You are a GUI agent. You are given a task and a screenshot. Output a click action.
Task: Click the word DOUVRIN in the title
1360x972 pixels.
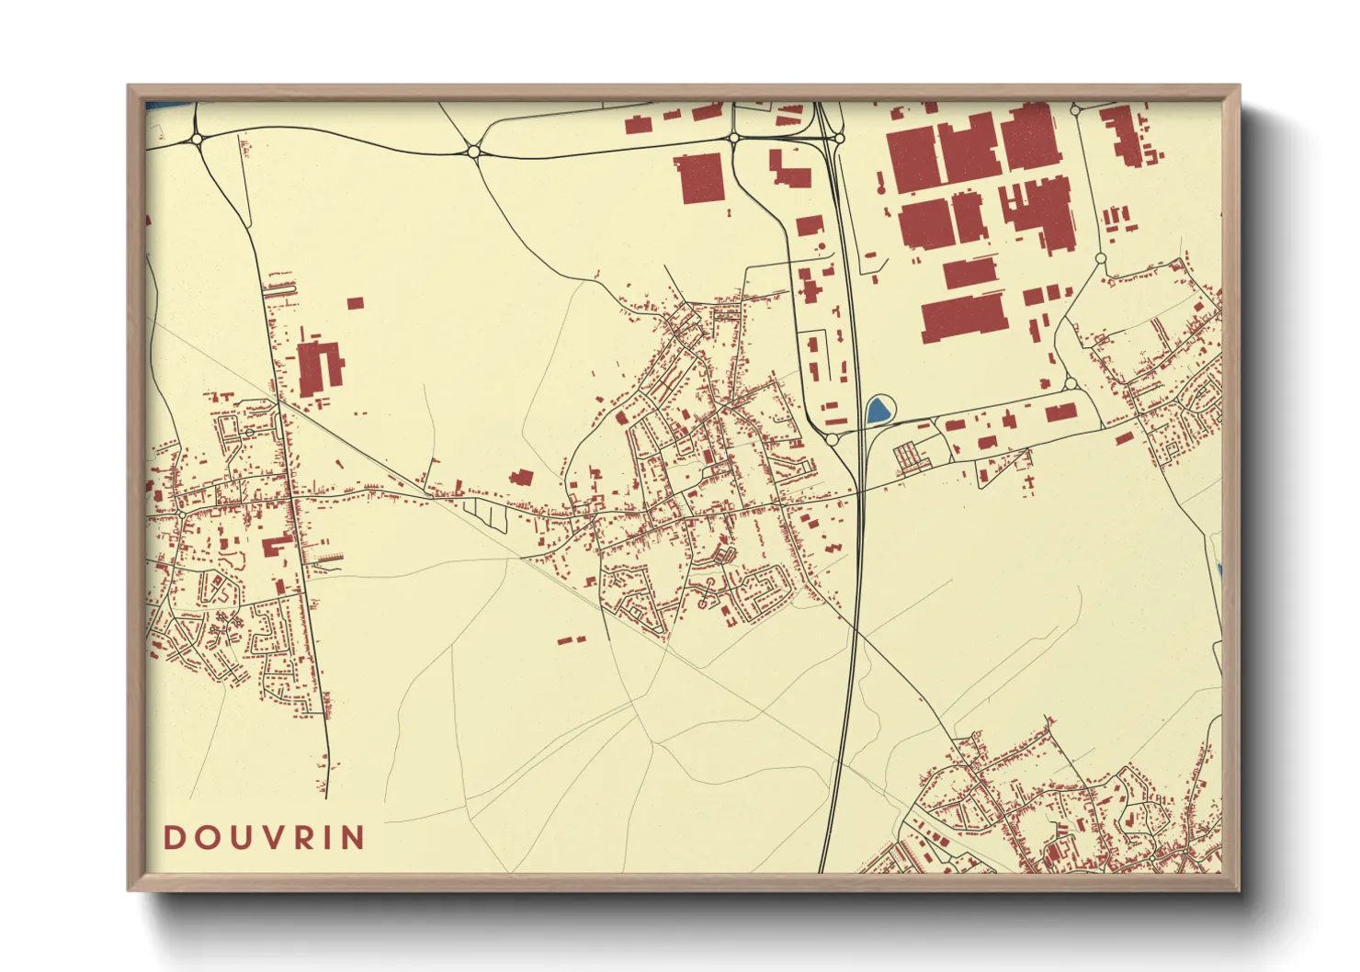(265, 837)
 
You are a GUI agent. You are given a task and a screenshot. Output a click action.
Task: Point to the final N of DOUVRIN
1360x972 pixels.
(354, 837)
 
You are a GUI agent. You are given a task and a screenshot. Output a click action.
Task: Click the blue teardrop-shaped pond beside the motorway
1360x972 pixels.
(878, 410)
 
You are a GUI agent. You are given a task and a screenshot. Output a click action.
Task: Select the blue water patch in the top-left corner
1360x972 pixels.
(169, 105)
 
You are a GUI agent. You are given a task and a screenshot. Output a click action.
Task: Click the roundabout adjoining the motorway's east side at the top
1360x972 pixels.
(840, 139)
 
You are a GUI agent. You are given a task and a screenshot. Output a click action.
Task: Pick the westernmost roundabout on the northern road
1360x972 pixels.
(198, 140)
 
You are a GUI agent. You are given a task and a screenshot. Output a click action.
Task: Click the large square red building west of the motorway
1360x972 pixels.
(700, 177)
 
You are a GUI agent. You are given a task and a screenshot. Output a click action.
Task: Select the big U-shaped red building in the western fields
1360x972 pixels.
(318, 367)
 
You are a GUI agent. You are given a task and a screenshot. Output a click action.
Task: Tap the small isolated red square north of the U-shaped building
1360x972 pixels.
(356, 302)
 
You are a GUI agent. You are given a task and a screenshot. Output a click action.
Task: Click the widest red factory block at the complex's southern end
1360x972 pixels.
(961, 317)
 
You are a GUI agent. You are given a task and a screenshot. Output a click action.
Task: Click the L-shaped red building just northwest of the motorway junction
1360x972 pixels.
(788, 171)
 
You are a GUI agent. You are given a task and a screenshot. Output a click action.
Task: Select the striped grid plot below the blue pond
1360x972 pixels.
(908, 457)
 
